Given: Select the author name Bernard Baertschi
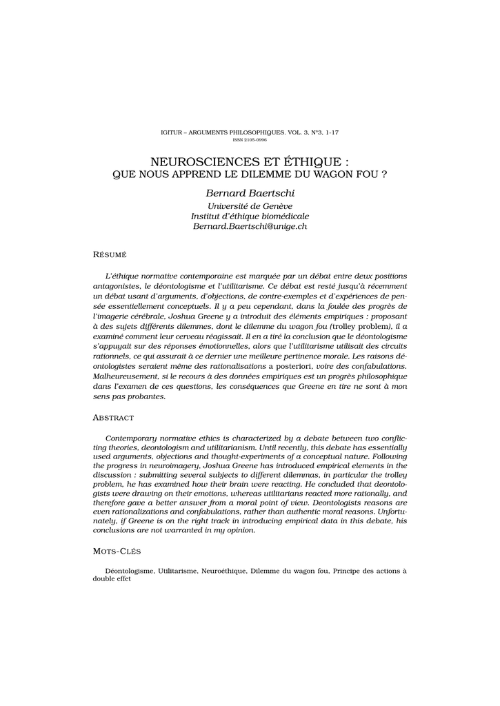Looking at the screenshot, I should pos(250,193).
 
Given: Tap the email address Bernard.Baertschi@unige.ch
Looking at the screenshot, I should pos(250,226).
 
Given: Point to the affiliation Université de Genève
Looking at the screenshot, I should pos(250,205).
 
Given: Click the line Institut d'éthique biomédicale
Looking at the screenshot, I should pos(250,216).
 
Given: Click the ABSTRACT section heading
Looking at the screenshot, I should pos(113,418).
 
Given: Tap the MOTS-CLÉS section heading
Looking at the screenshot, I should pos(117,552).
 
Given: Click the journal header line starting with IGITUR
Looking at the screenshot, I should pos(250,132).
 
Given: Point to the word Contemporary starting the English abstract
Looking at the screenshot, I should pos(134,438).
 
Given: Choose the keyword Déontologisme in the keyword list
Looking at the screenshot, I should pos(130,571).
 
